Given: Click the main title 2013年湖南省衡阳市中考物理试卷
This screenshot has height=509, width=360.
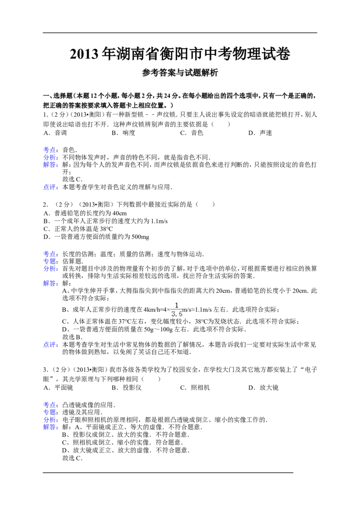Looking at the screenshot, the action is coord(180,54).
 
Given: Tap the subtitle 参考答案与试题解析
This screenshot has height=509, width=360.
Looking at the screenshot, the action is coord(180,73).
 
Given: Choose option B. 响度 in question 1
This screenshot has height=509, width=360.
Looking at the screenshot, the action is coord(123,133).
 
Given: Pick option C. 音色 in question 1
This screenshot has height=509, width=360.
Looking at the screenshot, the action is coord(192,133).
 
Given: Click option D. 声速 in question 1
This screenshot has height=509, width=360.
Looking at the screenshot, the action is coord(260,133).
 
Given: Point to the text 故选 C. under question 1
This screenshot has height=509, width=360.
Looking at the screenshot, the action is coord(72,179).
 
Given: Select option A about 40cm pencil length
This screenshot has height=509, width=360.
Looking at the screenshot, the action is coord(85,213).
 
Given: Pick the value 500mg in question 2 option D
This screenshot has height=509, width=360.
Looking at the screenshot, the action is coord(140,237).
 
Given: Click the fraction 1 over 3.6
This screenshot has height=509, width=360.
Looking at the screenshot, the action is coord(177,309).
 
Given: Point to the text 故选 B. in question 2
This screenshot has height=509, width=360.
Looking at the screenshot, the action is coord(72,337).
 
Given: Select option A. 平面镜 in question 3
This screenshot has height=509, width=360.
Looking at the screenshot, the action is coord(58,388).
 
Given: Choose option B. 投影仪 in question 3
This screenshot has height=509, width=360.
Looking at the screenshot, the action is coord(127,388).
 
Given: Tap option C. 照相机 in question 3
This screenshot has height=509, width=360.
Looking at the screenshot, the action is coord(195,388).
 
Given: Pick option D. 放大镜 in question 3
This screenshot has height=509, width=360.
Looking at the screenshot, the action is coord(264,388).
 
